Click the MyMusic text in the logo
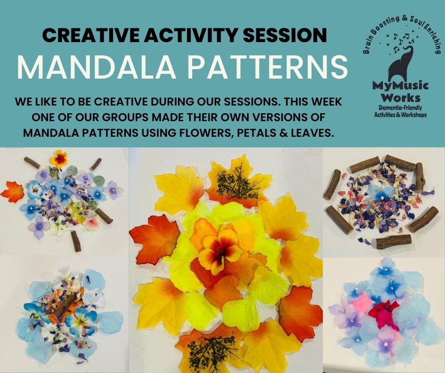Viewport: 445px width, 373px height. pos(400,86)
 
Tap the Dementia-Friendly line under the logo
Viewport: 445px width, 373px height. pos(400,108)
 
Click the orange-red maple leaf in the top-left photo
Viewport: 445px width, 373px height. pos(12,193)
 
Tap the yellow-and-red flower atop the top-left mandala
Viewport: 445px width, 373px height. pos(59,159)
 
